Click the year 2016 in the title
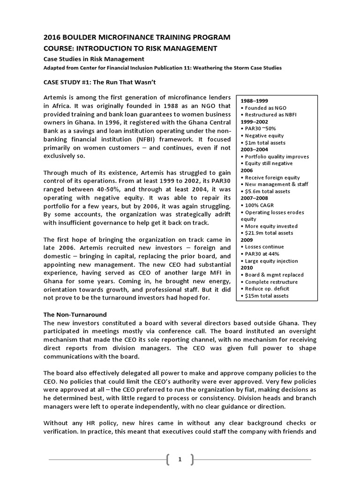(52, 37)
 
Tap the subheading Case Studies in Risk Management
(94, 59)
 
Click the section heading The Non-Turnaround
(75, 315)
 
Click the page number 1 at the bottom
(180, 460)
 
